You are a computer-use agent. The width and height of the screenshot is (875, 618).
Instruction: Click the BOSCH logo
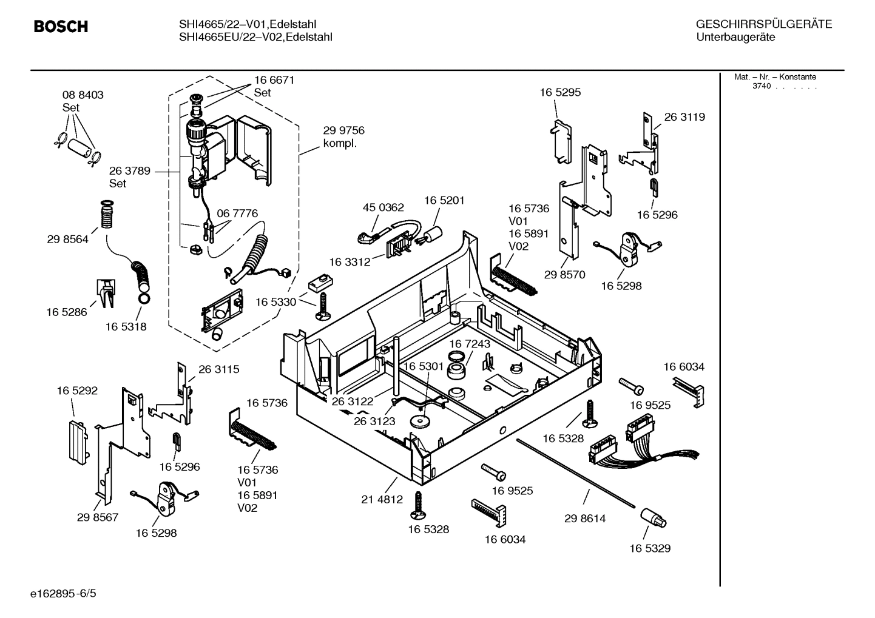[x=61, y=27]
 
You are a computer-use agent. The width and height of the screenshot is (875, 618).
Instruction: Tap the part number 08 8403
[x=83, y=95]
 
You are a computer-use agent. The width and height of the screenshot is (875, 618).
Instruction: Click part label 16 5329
[x=649, y=548]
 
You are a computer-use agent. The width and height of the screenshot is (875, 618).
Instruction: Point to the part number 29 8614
[x=584, y=519]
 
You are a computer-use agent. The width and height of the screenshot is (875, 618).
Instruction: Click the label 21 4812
[x=382, y=499]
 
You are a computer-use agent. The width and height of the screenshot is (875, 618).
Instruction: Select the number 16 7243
[x=470, y=344]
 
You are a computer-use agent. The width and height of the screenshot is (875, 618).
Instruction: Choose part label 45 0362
[x=383, y=207]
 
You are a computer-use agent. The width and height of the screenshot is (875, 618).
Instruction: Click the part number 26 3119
[x=684, y=117]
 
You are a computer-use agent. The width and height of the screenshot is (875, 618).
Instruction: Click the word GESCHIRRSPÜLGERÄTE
[x=763, y=25]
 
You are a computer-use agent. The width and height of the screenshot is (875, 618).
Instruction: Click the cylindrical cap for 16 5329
[x=652, y=519]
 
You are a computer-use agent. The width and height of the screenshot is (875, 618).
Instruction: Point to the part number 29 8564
[x=67, y=239]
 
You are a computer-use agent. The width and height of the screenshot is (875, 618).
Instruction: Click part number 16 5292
[x=77, y=391]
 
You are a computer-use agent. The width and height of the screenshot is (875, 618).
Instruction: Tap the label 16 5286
[x=67, y=312]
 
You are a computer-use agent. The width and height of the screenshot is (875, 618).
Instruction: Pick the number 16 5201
[x=444, y=200]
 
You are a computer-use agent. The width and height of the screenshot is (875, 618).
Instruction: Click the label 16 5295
[x=560, y=92]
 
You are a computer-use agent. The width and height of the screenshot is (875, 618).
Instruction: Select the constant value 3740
[x=761, y=86]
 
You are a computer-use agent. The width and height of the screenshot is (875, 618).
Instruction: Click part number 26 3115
[x=218, y=369]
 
